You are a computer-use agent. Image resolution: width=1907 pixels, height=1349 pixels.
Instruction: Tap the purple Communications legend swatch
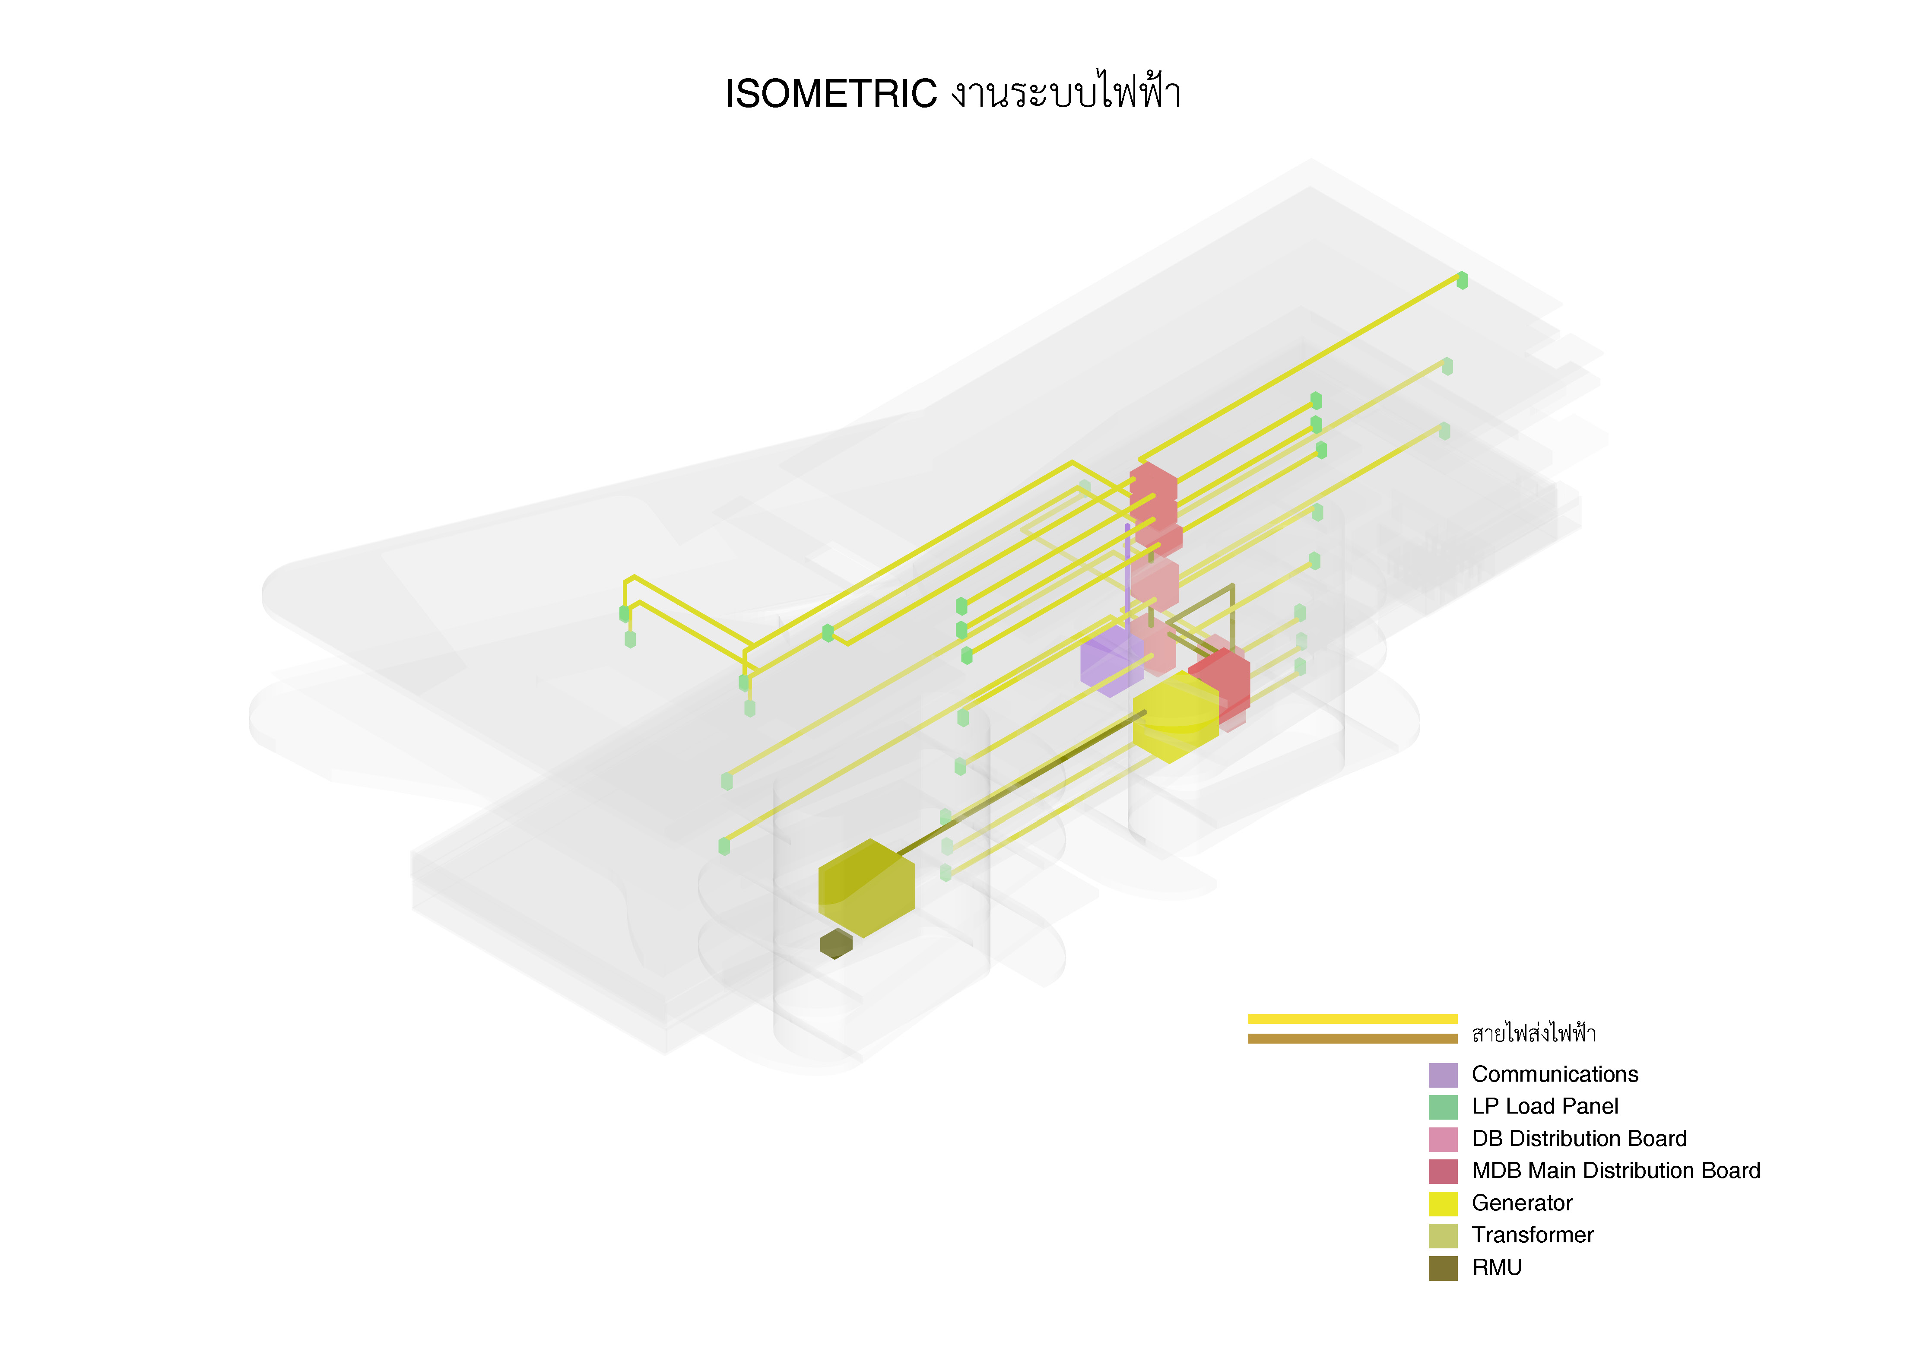pyautogui.click(x=1443, y=1075)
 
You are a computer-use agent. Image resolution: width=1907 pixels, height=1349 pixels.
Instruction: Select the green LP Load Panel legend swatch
pyautogui.click(x=1443, y=1106)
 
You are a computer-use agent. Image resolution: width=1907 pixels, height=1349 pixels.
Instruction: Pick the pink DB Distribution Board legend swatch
pyautogui.click(x=1443, y=1139)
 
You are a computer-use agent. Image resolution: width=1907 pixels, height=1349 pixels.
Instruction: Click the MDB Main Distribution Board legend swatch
pyautogui.click(x=1443, y=1171)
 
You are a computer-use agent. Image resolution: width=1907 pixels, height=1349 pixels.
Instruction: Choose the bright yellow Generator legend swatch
pyautogui.click(x=1443, y=1203)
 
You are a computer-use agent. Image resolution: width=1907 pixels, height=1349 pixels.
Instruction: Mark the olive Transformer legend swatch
pyautogui.click(x=1443, y=1235)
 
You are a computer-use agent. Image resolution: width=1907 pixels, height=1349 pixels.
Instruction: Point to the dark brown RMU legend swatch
pyautogui.click(x=1443, y=1268)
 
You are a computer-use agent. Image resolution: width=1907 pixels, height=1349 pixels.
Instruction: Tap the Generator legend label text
pyautogui.click(x=1522, y=1203)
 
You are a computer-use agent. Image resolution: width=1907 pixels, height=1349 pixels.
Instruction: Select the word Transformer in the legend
pyautogui.click(x=1533, y=1235)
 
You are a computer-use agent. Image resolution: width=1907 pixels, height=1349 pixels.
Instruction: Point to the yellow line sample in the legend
pyautogui.click(x=1352, y=1019)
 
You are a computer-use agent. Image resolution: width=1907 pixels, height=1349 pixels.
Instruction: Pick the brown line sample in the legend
pyautogui.click(x=1352, y=1038)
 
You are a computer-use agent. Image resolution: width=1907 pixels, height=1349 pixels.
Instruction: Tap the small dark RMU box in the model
pyautogui.click(x=835, y=944)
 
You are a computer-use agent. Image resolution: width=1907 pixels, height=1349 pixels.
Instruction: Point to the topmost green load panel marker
pyautogui.click(x=1462, y=281)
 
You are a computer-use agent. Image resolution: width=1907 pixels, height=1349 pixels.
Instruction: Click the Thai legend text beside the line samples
pyautogui.click(x=1533, y=1033)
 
